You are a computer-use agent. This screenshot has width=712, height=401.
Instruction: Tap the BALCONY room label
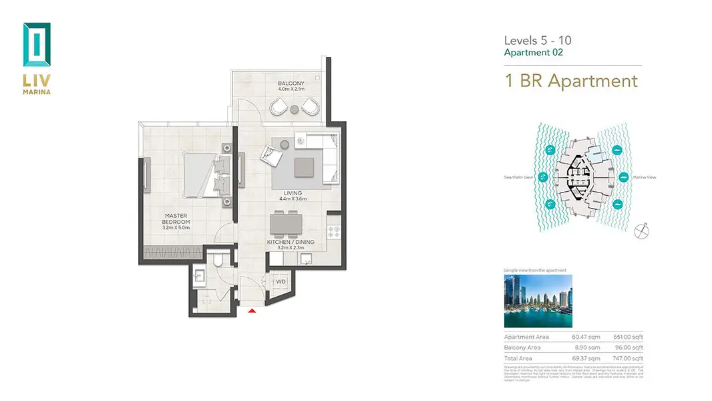pyautogui.click(x=291, y=84)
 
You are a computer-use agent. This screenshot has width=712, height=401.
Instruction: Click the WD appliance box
pyautogui.click(x=281, y=282)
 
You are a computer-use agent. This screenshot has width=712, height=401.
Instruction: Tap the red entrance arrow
pyautogui.click(x=252, y=310)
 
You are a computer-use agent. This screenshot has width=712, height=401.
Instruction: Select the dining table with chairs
pyautogui.click(x=285, y=224)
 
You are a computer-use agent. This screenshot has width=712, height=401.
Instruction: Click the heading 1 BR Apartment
pyautogui.click(x=571, y=82)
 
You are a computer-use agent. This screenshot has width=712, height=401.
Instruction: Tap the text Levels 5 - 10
pyautogui.click(x=537, y=41)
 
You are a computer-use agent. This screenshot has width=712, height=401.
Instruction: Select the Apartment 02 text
pyautogui.click(x=533, y=53)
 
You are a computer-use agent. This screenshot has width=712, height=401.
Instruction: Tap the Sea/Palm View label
pyautogui.click(x=518, y=177)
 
